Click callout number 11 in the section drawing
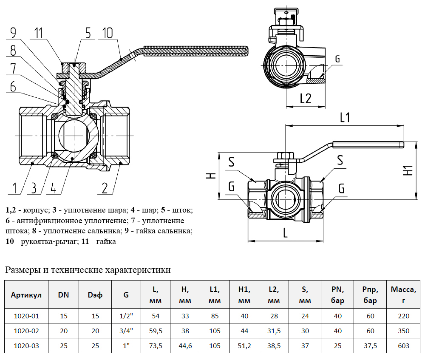[x=39, y=33]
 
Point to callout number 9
[x=13, y=33]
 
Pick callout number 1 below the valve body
[x=14, y=187]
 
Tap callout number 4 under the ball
[x=53, y=187]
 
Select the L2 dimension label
[x=305, y=99]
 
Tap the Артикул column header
[x=26, y=295]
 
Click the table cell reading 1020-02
[x=26, y=331]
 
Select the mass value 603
[x=404, y=346]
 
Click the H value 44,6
[x=185, y=346]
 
